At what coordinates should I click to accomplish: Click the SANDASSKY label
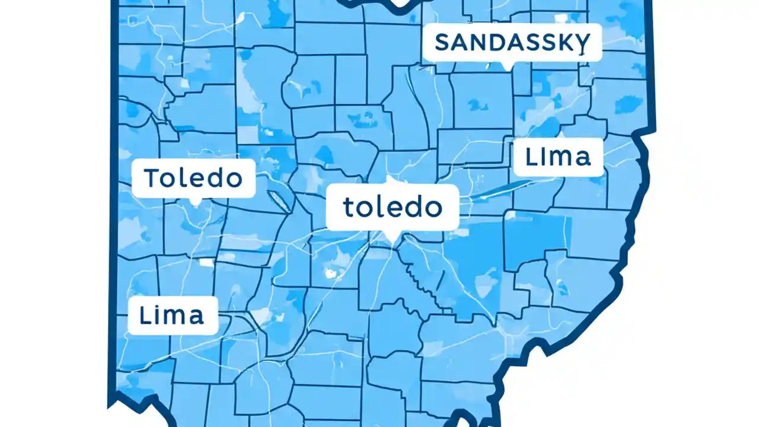[512, 43]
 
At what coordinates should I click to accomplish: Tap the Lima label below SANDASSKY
[558, 157]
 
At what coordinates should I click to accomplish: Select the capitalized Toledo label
[193, 178]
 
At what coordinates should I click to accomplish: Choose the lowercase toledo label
[393, 207]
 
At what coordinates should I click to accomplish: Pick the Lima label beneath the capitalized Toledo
[173, 315]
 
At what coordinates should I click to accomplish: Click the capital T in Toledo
[152, 178]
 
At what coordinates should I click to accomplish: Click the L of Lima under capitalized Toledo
[145, 315]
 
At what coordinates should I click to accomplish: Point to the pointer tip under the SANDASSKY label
[505, 66]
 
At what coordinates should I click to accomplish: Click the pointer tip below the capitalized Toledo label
[194, 203]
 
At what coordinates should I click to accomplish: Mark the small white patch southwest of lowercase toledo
[330, 273]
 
